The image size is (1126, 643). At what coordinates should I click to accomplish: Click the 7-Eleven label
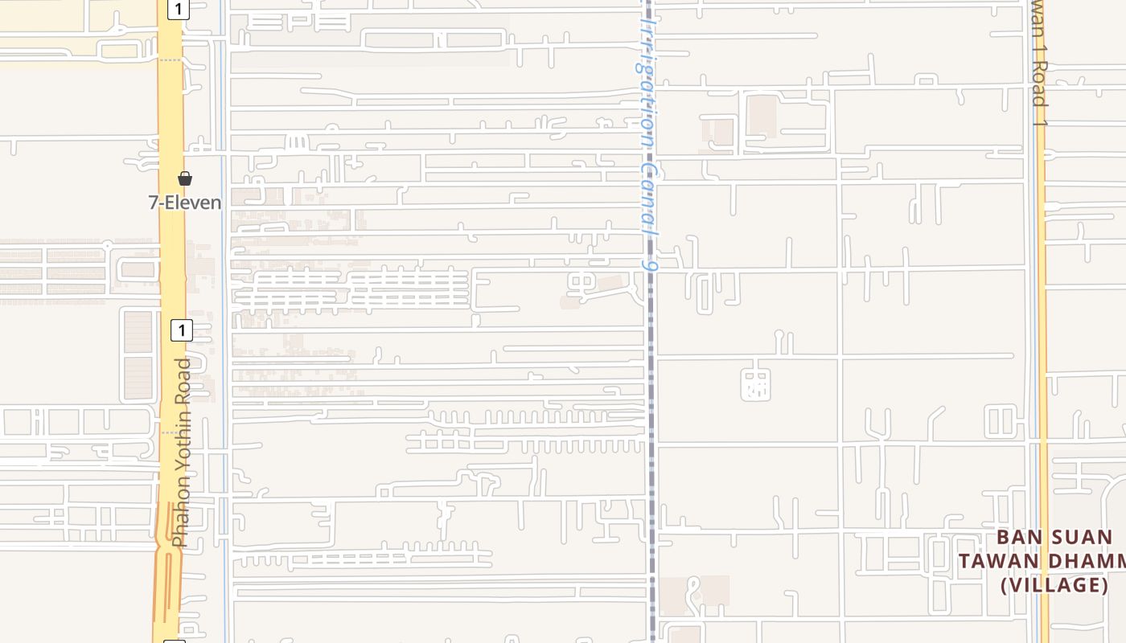tap(185, 203)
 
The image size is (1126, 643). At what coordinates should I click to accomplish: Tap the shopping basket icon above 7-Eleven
tap(185, 178)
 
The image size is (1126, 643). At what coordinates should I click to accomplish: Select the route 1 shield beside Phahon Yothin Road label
tap(182, 330)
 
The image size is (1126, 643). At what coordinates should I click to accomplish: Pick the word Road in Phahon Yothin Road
tap(184, 384)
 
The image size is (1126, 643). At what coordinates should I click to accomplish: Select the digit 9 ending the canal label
tap(651, 263)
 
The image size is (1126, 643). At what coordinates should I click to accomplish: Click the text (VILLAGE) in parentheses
tap(1054, 585)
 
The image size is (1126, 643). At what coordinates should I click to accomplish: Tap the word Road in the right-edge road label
tap(1040, 84)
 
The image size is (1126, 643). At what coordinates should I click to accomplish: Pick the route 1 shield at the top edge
tap(178, 9)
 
